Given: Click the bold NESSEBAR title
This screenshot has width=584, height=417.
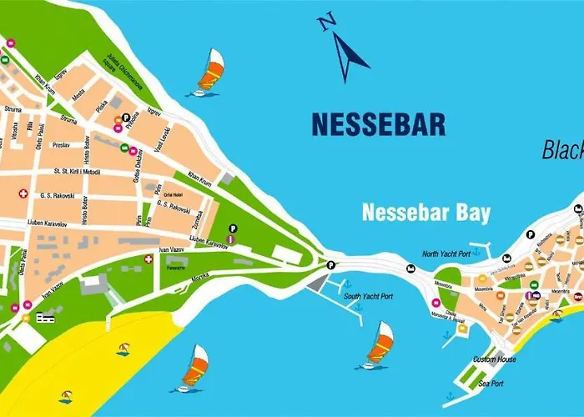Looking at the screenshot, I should [x=378, y=124].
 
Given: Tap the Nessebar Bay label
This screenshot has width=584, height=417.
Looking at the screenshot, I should [x=425, y=212].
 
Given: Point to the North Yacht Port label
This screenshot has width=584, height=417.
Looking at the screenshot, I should [x=446, y=254].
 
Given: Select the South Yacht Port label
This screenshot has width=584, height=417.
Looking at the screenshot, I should [x=368, y=296].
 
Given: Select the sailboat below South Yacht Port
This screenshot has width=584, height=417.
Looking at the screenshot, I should [x=379, y=344].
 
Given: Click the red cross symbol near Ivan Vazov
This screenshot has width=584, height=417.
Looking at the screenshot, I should [x=149, y=259].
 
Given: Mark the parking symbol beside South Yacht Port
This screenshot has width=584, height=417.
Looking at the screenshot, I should [x=331, y=265].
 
